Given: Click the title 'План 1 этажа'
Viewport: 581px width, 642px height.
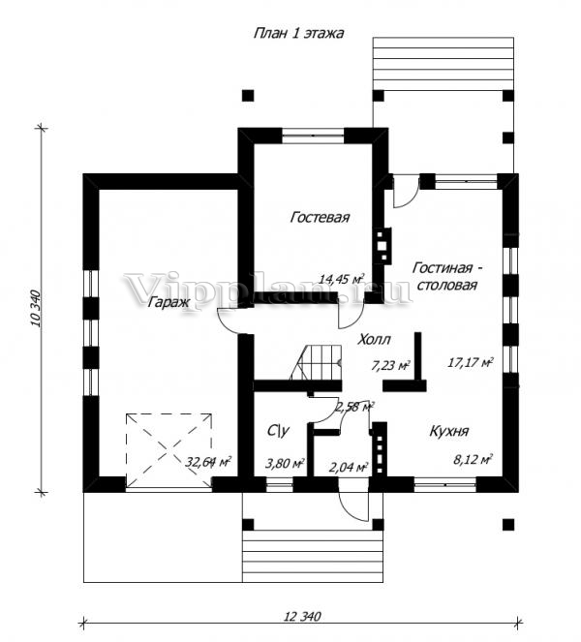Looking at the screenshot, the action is click(x=298, y=33).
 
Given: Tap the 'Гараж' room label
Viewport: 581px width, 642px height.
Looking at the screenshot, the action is click(x=168, y=302).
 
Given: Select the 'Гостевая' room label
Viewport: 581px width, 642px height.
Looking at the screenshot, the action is click(x=320, y=217).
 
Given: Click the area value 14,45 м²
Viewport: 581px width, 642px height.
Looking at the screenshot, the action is click(x=342, y=279).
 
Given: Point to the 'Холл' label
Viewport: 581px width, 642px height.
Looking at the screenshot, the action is click(x=374, y=340).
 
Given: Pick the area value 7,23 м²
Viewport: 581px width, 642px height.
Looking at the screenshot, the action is click(x=391, y=365).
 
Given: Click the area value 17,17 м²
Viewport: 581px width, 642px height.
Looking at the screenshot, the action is click(x=471, y=362).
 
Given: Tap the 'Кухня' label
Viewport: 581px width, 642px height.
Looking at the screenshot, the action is click(x=449, y=431).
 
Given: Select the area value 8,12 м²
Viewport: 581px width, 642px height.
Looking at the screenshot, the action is click(x=473, y=460).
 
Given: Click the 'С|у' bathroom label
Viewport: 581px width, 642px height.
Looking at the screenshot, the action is click(x=279, y=431).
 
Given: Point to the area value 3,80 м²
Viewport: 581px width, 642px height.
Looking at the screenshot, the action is click(x=285, y=464).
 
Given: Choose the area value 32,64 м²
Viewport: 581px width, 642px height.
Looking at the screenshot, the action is click(x=208, y=462).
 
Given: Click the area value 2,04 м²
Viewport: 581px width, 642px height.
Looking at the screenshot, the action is click(x=349, y=467).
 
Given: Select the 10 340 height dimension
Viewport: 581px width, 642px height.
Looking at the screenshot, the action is click(x=36, y=308).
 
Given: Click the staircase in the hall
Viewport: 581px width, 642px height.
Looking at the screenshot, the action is click(x=316, y=362).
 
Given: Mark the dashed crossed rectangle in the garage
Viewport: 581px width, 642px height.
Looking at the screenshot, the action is click(x=168, y=451).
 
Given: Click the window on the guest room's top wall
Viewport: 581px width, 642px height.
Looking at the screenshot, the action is click(x=313, y=136).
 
